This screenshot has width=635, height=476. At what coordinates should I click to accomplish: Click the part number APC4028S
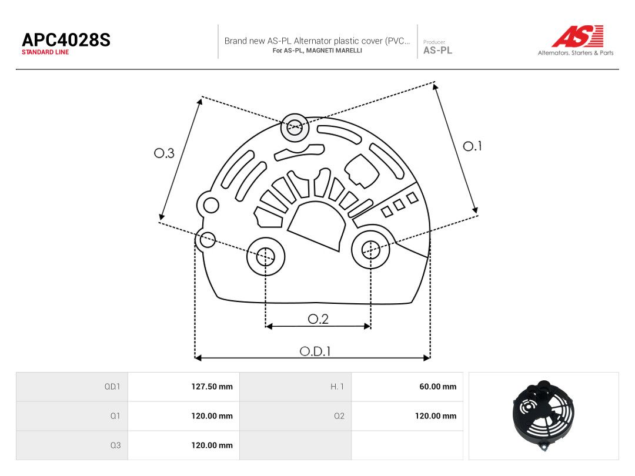tap(66, 40)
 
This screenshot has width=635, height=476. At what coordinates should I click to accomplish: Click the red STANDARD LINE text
tap(45, 52)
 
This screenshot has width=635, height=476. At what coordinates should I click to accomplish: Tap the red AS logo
tap(577, 36)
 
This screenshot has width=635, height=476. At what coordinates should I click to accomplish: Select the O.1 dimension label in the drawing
tap(472, 146)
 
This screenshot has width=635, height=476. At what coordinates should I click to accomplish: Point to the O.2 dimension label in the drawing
tap(318, 319)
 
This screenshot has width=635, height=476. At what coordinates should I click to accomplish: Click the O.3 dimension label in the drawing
tap(164, 153)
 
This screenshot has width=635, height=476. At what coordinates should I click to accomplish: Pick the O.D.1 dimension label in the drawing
tap(315, 351)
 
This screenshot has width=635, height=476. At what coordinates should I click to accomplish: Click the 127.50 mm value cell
tap(212, 387)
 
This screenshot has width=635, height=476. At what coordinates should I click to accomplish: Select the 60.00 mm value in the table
tap(438, 387)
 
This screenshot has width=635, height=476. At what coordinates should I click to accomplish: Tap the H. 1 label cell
tap(337, 387)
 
